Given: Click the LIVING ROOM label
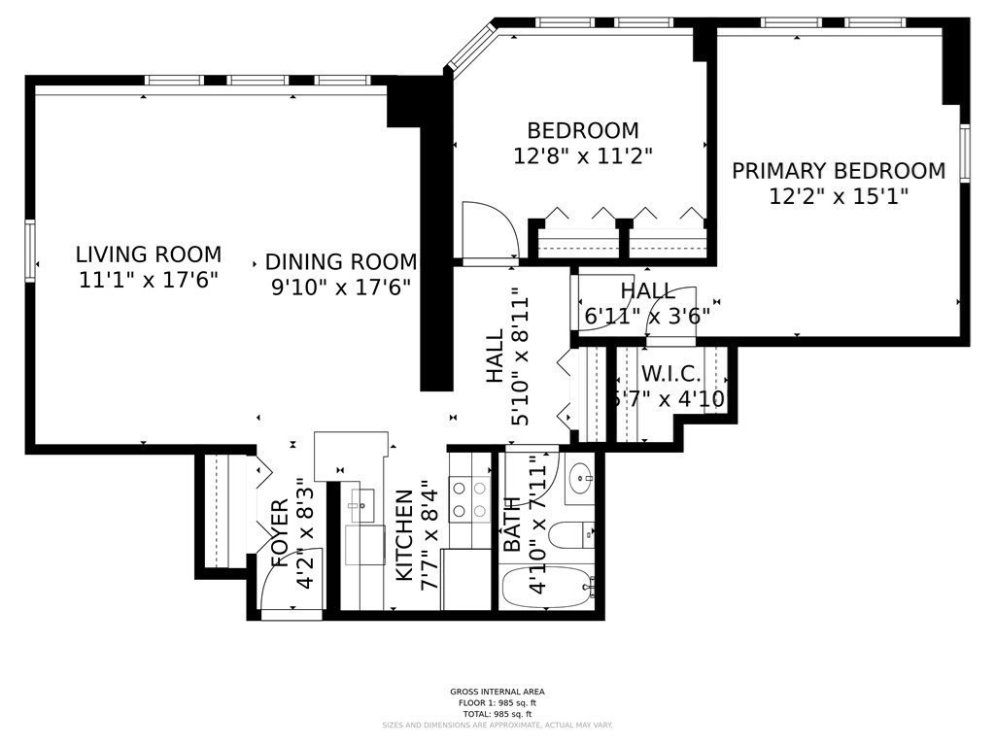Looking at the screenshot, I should (x=148, y=254).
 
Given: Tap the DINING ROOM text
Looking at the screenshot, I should (x=340, y=261).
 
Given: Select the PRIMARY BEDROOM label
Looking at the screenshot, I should (x=838, y=171).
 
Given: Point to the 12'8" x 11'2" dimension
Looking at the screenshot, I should (x=582, y=154).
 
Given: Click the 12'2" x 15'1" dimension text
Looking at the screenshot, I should (x=838, y=196).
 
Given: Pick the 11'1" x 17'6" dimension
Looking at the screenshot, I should (x=148, y=280).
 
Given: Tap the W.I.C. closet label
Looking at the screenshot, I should (x=670, y=374).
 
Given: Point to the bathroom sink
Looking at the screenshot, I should (x=581, y=479).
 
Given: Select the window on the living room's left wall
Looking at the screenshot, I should (x=31, y=251).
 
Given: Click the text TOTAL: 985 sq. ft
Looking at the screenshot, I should (x=497, y=712).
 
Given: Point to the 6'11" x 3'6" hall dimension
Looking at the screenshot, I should (x=647, y=315).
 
